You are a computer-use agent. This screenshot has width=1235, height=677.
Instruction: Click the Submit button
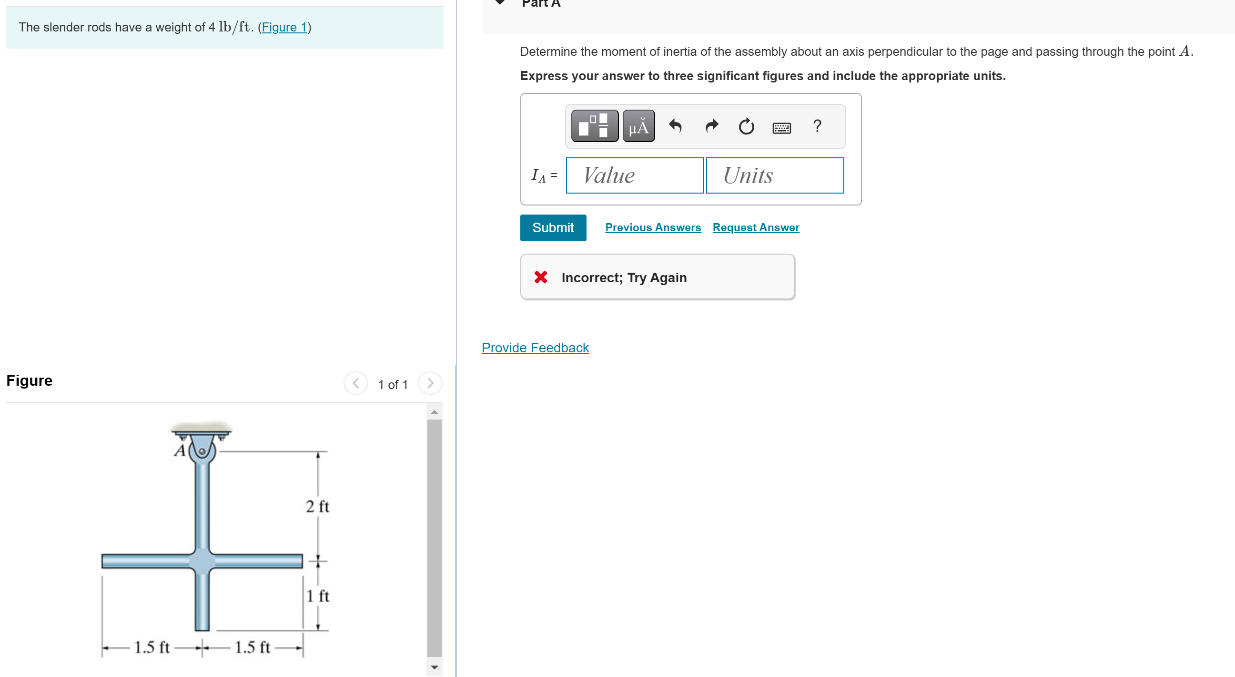click(553, 227)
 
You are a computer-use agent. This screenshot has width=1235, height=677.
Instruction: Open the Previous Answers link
click(652, 227)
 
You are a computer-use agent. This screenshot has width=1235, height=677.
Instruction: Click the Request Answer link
click(756, 227)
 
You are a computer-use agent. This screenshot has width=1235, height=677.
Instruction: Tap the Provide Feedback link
click(535, 348)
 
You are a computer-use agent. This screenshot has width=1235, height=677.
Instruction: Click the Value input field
click(635, 175)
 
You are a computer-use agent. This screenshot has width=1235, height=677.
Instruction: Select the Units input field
click(775, 175)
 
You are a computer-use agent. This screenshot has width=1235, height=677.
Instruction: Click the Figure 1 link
click(284, 27)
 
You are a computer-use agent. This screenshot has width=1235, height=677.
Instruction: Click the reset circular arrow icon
click(746, 126)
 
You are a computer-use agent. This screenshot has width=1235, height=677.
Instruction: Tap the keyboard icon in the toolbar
click(781, 128)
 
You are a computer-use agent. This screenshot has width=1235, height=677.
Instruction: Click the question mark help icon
click(818, 126)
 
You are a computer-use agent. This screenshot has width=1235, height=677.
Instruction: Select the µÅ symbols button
click(638, 126)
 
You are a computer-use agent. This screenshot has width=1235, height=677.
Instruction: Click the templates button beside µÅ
click(595, 126)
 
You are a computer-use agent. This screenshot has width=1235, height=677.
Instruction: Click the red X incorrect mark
click(541, 277)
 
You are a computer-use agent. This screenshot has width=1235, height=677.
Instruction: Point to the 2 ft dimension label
click(317, 506)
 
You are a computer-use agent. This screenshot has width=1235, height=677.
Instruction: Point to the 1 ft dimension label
click(317, 596)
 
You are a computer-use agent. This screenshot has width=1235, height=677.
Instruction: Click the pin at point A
click(202, 451)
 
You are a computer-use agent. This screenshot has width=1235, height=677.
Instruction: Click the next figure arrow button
click(430, 383)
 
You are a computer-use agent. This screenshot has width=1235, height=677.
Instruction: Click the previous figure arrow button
click(356, 383)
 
